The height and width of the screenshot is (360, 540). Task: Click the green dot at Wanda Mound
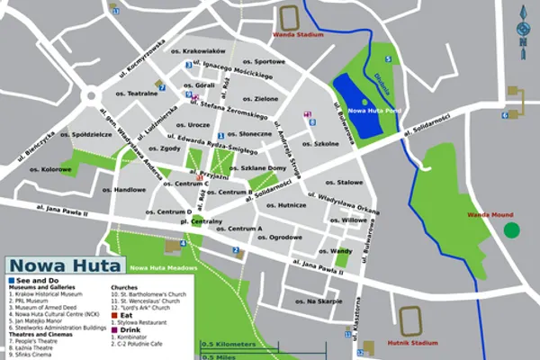click(511, 230)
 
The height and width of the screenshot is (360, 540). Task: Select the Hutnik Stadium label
click(413, 341)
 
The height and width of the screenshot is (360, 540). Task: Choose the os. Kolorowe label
click(55, 167)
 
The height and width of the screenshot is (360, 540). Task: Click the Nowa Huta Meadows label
click(160, 268)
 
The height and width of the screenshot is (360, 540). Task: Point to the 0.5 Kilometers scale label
click(229, 345)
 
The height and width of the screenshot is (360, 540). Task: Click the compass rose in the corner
click(522, 32)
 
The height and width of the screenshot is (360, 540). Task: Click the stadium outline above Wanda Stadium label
click(290, 17)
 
